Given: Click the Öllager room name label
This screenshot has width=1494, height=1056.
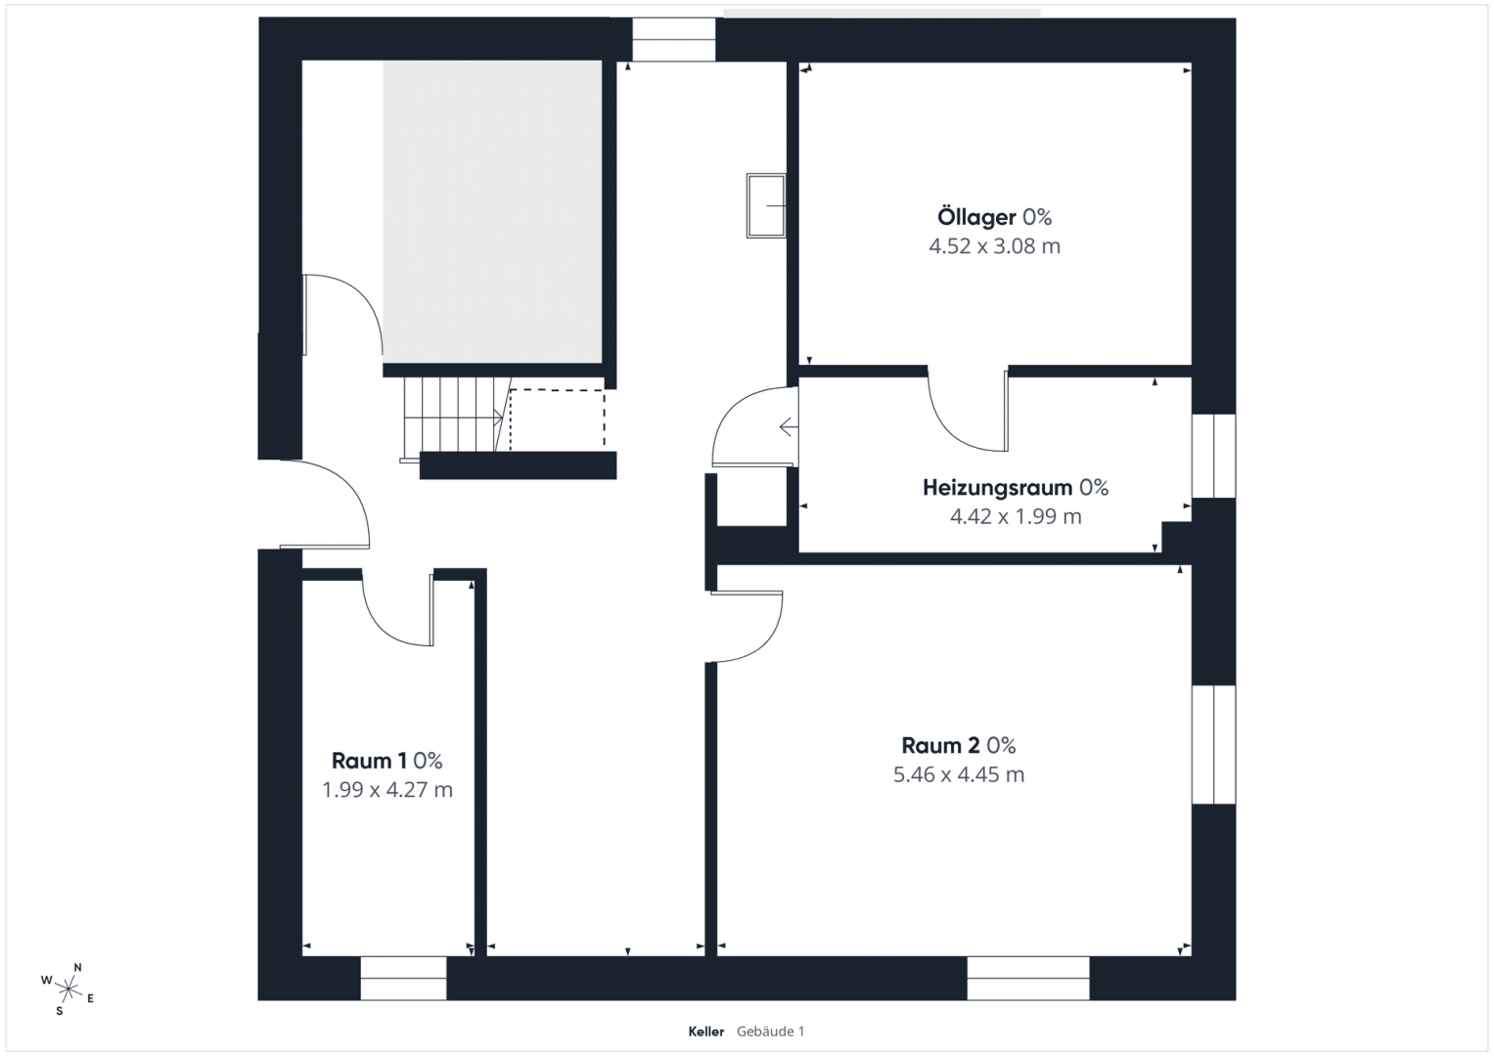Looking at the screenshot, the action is [976, 217].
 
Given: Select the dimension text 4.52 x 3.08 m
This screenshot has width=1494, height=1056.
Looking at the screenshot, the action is [994, 246].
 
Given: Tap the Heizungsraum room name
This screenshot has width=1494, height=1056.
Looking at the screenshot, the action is [997, 488].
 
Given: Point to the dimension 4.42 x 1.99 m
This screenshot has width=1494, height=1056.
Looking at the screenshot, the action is [1016, 516].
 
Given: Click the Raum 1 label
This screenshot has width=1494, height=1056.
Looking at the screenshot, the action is [369, 761].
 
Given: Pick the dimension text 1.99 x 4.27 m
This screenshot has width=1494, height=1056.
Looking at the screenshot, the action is [386, 790].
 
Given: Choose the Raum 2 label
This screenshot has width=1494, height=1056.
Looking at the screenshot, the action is [941, 745].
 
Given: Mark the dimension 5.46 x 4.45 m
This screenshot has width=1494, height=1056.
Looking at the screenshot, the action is [959, 774].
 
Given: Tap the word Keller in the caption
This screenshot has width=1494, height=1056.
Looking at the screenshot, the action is [705, 1032].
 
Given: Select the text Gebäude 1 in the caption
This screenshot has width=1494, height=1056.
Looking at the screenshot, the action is [770, 1032].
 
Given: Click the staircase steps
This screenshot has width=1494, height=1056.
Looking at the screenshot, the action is [453, 415].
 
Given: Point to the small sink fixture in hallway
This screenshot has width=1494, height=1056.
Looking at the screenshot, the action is [766, 205].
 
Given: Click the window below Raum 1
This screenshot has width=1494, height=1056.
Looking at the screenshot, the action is [403, 978].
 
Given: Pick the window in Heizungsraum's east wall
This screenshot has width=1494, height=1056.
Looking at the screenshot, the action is [1214, 456].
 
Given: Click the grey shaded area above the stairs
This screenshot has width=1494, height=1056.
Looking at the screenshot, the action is [492, 212].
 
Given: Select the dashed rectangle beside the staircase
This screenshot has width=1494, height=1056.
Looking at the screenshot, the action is [558, 419].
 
